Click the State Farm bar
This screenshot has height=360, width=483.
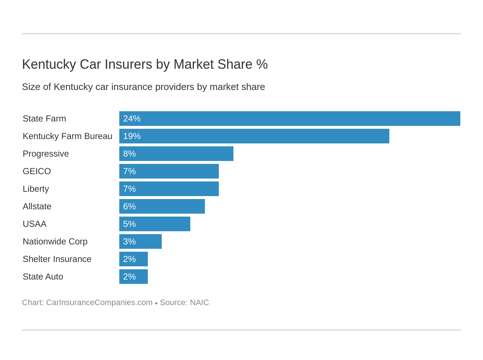pyautogui.click(x=289, y=119)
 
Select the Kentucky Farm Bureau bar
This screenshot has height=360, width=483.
pyautogui.click(x=254, y=136)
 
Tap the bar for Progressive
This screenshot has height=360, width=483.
pyautogui.click(x=176, y=154)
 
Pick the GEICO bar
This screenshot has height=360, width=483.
pyautogui.click(x=169, y=171)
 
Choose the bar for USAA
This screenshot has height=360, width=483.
pyautogui.click(x=154, y=224)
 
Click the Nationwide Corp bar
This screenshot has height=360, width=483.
pyautogui.click(x=140, y=241)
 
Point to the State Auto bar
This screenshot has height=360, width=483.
pyautogui.click(x=133, y=277)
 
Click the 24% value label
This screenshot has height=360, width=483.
pyautogui.click(x=132, y=119)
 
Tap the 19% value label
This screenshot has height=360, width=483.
pyautogui.click(x=132, y=136)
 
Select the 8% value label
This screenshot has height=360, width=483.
pyautogui.click(x=129, y=154)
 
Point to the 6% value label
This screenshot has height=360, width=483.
pyautogui.click(x=129, y=206)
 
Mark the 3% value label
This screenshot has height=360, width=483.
pyautogui.click(x=129, y=241)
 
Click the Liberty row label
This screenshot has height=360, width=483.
pyautogui.click(x=36, y=189)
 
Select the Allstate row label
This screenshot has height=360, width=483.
pyautogui.click(x=37, y=206)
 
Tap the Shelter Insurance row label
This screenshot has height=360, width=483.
pyautogui.click(x=57, y=259)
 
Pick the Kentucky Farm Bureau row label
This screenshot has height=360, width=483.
pyautogui.click(x=67, y=136)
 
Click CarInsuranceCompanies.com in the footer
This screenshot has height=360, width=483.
pyautogui.click(x=99, y=303)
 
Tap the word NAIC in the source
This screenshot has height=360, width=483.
pyautogui.click(x=199, y=303)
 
